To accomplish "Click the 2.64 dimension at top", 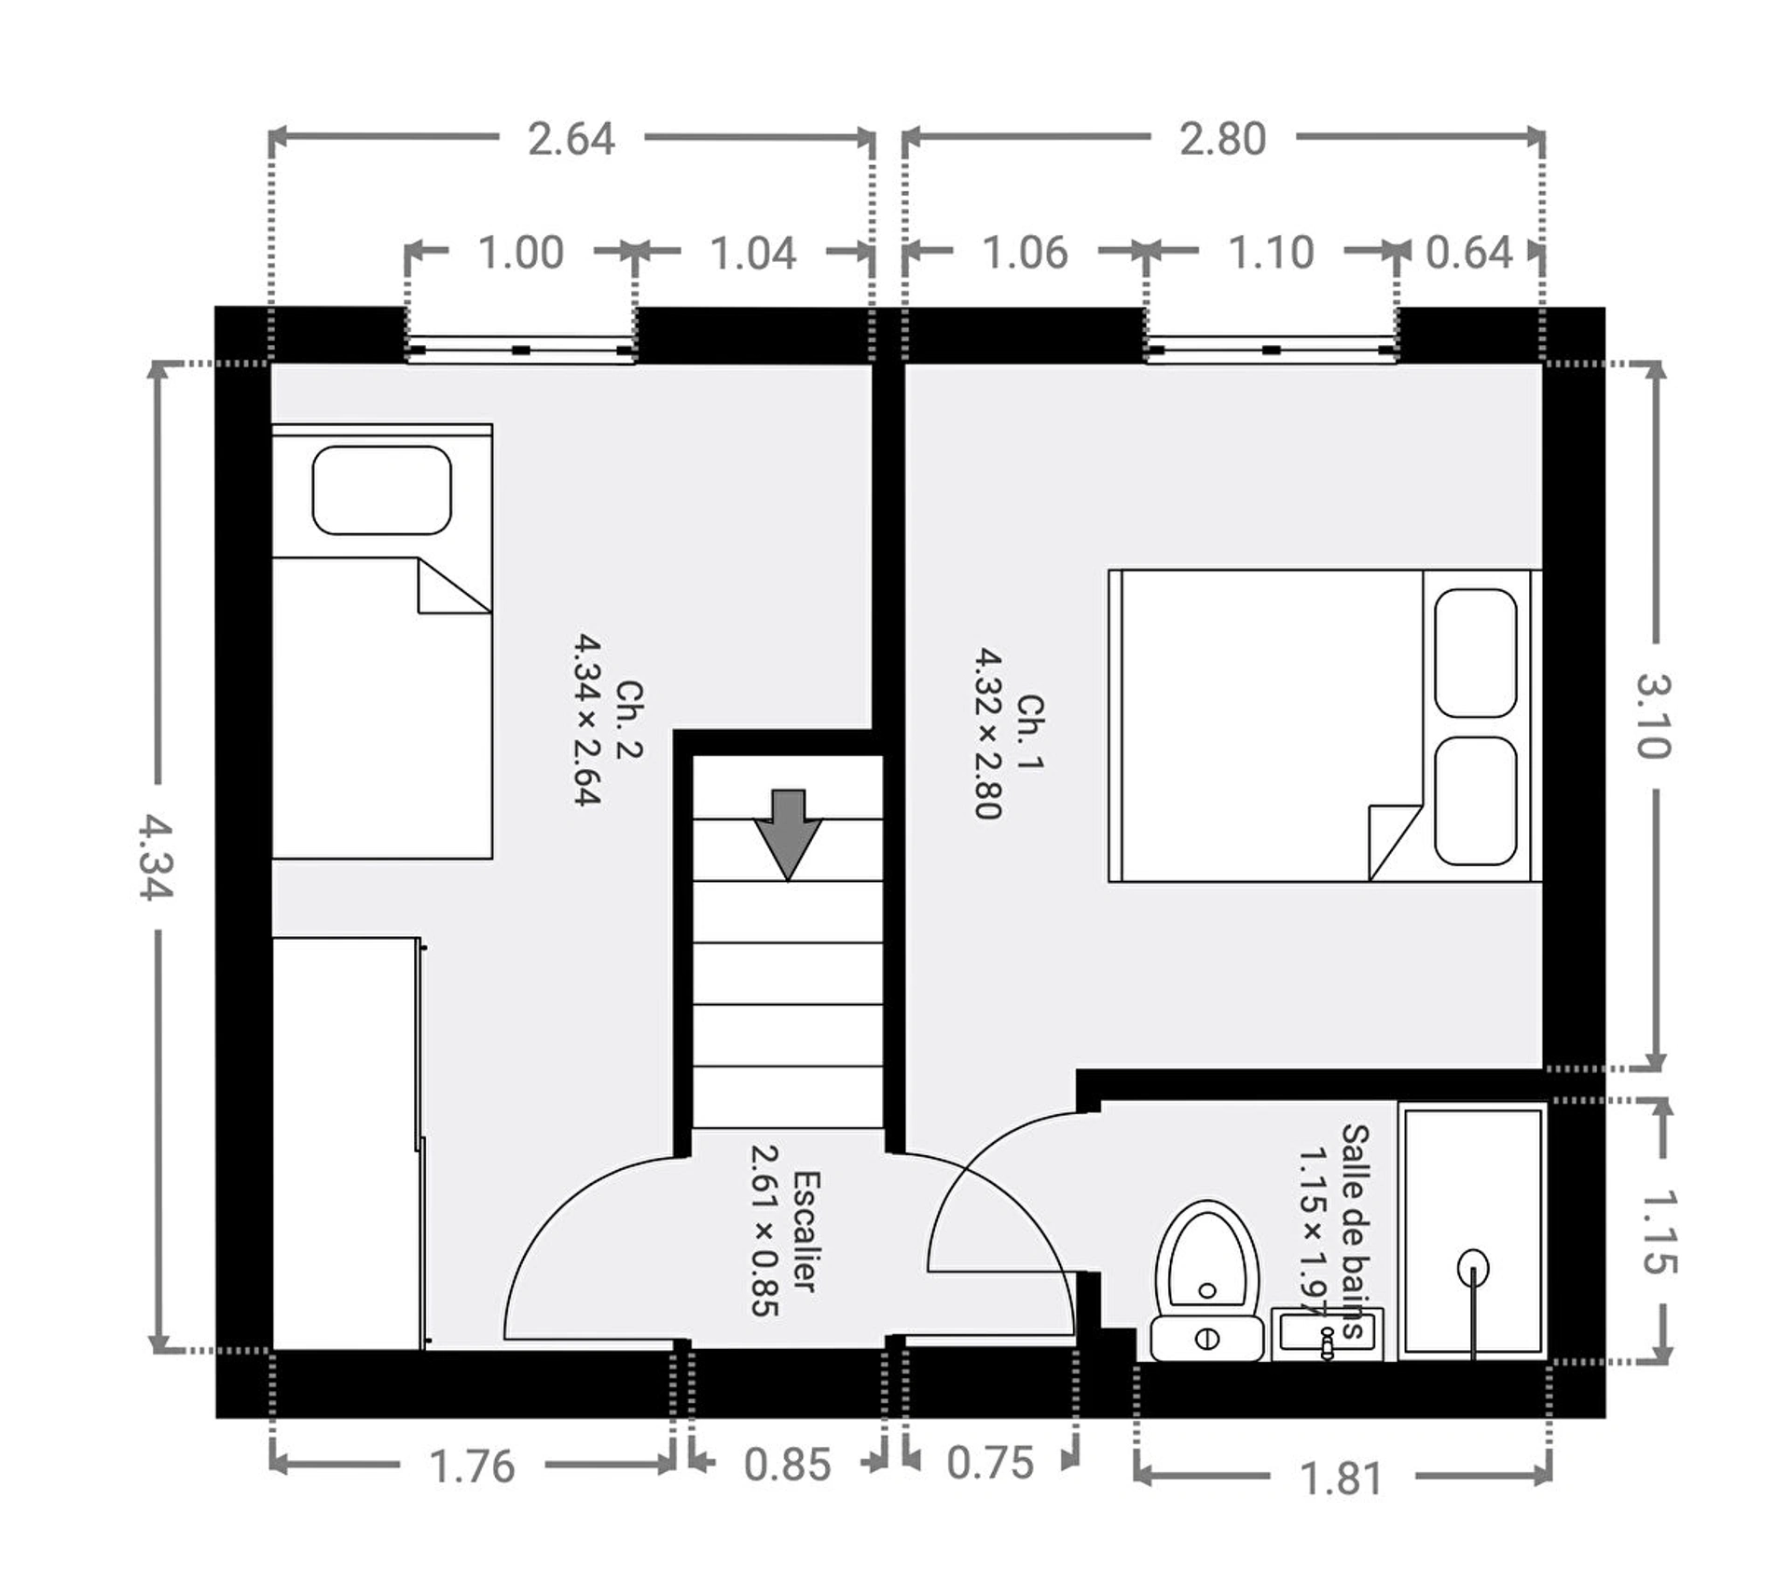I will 571,140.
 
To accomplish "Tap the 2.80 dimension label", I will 1222,140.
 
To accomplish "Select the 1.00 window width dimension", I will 520,254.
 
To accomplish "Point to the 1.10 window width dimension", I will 1271,254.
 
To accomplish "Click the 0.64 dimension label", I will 1468,254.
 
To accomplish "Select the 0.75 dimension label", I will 990,1463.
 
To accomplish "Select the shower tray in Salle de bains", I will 1473,1231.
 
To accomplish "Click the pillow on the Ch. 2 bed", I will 381,490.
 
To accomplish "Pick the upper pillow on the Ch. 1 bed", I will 1475,653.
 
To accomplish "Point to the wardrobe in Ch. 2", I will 345,1143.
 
